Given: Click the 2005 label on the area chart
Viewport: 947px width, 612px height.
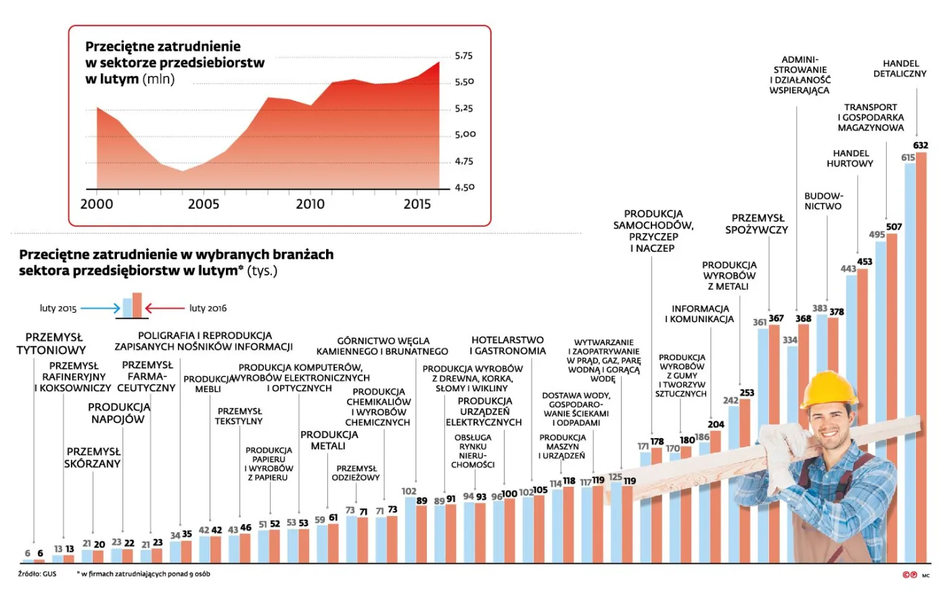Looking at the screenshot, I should coord(203,204).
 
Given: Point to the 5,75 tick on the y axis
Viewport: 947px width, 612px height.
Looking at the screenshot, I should coord(463,56).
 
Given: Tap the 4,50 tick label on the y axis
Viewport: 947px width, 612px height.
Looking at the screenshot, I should coord(465,187).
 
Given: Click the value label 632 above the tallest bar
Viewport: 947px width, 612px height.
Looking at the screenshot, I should coord(921,145).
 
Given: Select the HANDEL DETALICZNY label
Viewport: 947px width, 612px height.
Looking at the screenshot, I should coord(900,68).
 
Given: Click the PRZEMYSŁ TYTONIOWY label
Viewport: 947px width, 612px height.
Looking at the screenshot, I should coord(51,343).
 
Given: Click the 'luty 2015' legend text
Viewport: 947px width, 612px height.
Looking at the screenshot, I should coord(58,308).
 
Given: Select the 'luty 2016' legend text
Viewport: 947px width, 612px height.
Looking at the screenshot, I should coord(208,308).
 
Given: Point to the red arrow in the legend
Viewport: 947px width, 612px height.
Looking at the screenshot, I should coord(164,308).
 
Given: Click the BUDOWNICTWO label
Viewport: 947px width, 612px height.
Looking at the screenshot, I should coord(823,201).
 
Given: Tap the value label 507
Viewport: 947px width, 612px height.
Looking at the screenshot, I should coord(894,227).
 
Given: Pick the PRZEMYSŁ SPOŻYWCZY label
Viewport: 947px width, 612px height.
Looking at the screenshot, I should coord(756,223).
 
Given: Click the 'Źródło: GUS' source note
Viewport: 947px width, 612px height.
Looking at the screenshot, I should coord(37,574).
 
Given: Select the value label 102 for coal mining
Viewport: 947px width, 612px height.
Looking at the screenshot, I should coord(409,491).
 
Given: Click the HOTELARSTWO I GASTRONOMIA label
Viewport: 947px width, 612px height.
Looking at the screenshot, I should coord(507,345).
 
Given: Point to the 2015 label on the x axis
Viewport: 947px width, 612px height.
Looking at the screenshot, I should coord(417,204).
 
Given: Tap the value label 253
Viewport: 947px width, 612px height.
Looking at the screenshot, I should coord(747,393).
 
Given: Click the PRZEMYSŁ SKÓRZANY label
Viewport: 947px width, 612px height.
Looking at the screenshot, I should coord(93,458).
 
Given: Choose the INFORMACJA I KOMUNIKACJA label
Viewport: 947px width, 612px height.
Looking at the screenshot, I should coord(699,313).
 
